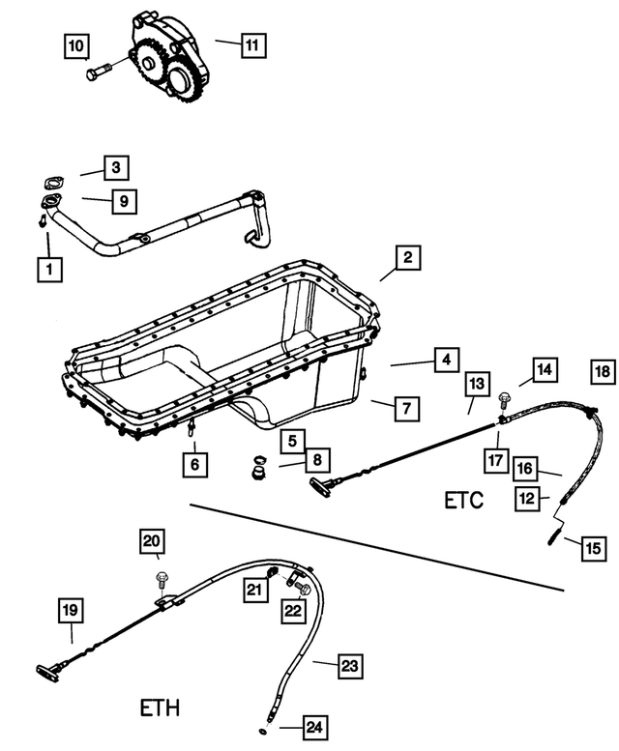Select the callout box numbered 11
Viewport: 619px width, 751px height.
[251, 44]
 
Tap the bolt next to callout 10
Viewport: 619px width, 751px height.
[100, 72]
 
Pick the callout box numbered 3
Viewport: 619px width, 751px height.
[115, 168]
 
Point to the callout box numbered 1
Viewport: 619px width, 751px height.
[45, 268]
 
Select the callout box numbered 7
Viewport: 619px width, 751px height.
[406, 409]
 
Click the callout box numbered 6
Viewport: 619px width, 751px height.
[193, 465]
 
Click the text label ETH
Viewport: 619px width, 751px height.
[159, 708]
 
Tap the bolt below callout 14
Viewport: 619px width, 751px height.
[503, 399]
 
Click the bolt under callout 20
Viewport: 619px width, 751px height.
[160, 582]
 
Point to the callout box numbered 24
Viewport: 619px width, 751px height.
[314, 727]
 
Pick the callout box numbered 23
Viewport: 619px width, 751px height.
[351, 666]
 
